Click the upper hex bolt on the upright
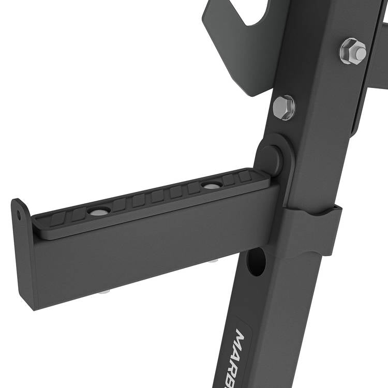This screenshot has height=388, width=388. [353, 51]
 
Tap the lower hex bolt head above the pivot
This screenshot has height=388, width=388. [283, 108]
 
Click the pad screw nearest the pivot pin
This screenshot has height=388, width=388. [211, 185]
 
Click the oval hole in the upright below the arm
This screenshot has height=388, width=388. [256, 261]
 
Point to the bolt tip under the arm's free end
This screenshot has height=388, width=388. [104, 291]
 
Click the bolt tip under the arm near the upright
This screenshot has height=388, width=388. [212, 260]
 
